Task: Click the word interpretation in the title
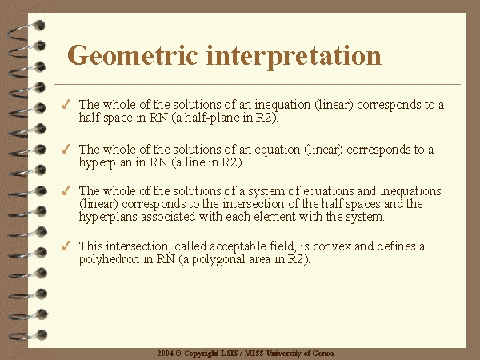coord(294,57)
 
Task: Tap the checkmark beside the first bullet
coord(66,104)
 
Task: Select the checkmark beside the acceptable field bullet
coord(66,246)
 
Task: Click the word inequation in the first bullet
coord(282,106)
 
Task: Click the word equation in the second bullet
coord(278,150)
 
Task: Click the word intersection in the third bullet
coord(254,204)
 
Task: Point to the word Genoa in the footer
coord(323,354)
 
